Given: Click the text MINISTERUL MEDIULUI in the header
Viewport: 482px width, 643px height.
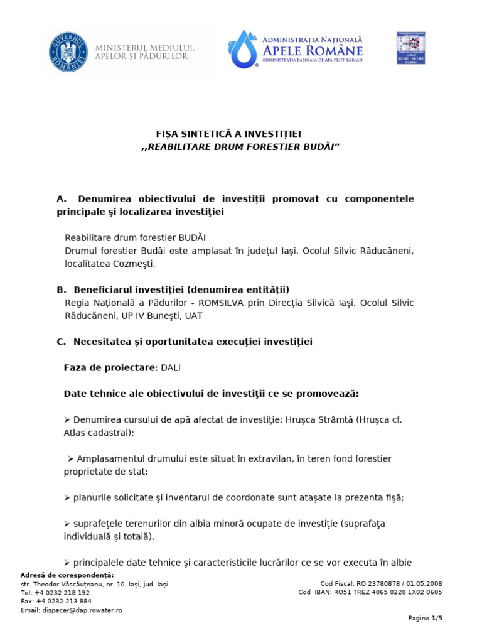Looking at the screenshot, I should (145, 48).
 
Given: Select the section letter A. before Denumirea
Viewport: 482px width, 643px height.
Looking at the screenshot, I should (61, 199).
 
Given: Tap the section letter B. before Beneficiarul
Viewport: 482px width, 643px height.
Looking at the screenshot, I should (61, 289).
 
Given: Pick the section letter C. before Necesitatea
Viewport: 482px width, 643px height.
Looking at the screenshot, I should (61, 342).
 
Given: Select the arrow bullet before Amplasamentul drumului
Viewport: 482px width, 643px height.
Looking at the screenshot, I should (71, 459).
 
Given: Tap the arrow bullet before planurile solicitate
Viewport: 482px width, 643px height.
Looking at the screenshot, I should (67, 498).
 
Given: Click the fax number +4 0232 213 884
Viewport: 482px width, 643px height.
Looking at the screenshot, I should (62, 601).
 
